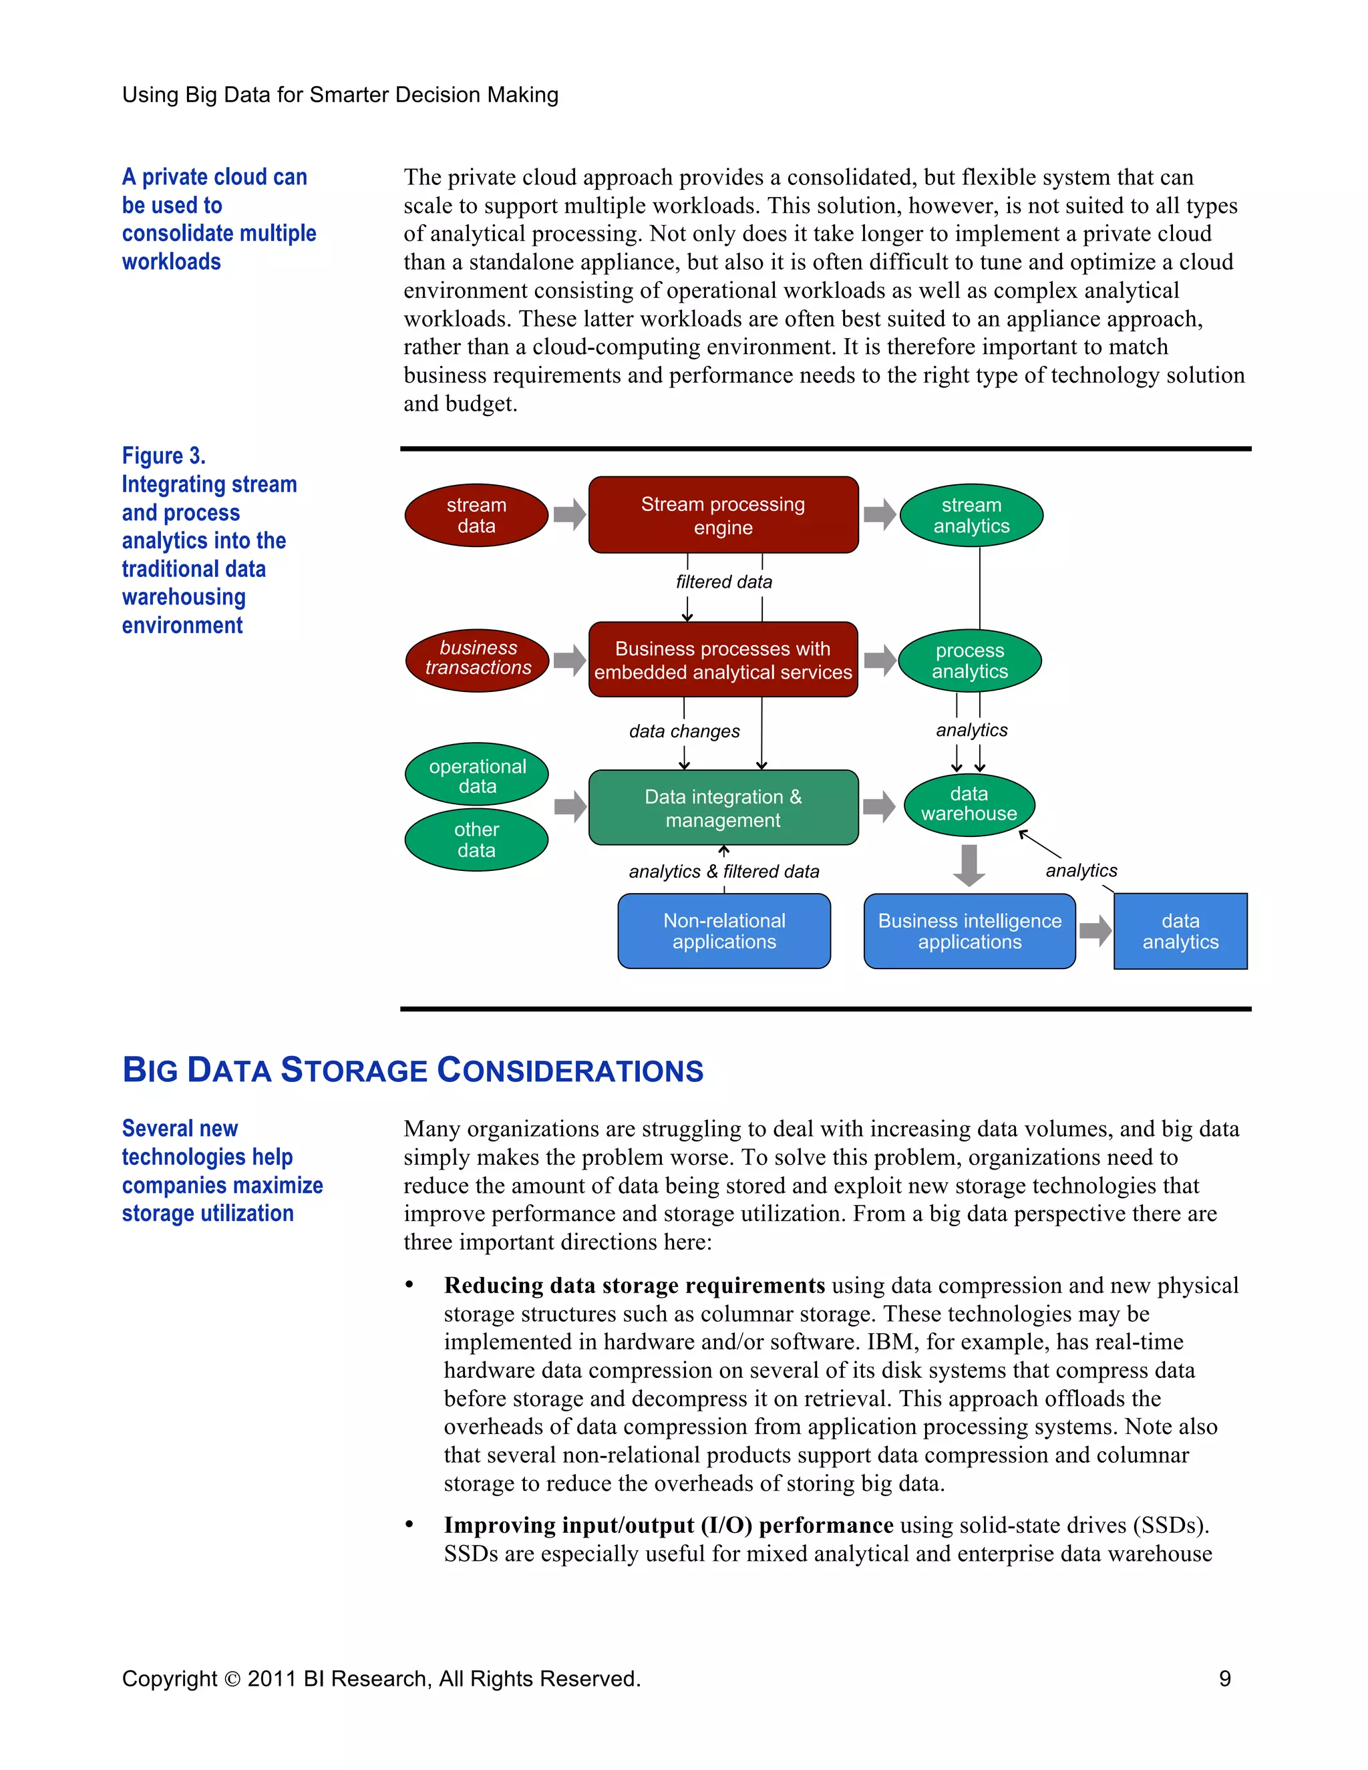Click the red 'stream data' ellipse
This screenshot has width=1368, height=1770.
coord(476,516)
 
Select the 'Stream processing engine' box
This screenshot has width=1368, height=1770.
coord(723,516)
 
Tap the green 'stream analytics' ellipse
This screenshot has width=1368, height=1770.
coord(971,516)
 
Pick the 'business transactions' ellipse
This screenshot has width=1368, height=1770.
coord(478,660)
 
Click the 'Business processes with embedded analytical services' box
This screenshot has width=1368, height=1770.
coord(723,660)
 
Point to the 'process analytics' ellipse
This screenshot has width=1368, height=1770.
coord(969,661)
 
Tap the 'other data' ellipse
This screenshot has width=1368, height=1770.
coord(476,840)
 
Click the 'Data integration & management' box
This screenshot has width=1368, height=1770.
coord(723,808)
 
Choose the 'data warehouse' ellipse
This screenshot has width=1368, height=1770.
coord(969,804)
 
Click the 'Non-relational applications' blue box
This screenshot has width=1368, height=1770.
coord(723,931)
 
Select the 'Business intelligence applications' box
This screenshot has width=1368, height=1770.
coord(969,931)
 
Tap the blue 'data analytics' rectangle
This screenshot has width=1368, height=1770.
coord(1180,931)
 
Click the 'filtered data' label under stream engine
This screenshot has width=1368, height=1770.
coord(723,582)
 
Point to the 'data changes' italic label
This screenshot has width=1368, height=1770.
coord(684,731)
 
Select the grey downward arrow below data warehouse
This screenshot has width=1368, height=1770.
coord(969,866)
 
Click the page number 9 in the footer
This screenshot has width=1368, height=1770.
coord(1224,1678)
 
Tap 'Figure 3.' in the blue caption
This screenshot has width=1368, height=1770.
coord(164,456)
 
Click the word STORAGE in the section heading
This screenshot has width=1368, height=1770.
coord(353,1071)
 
